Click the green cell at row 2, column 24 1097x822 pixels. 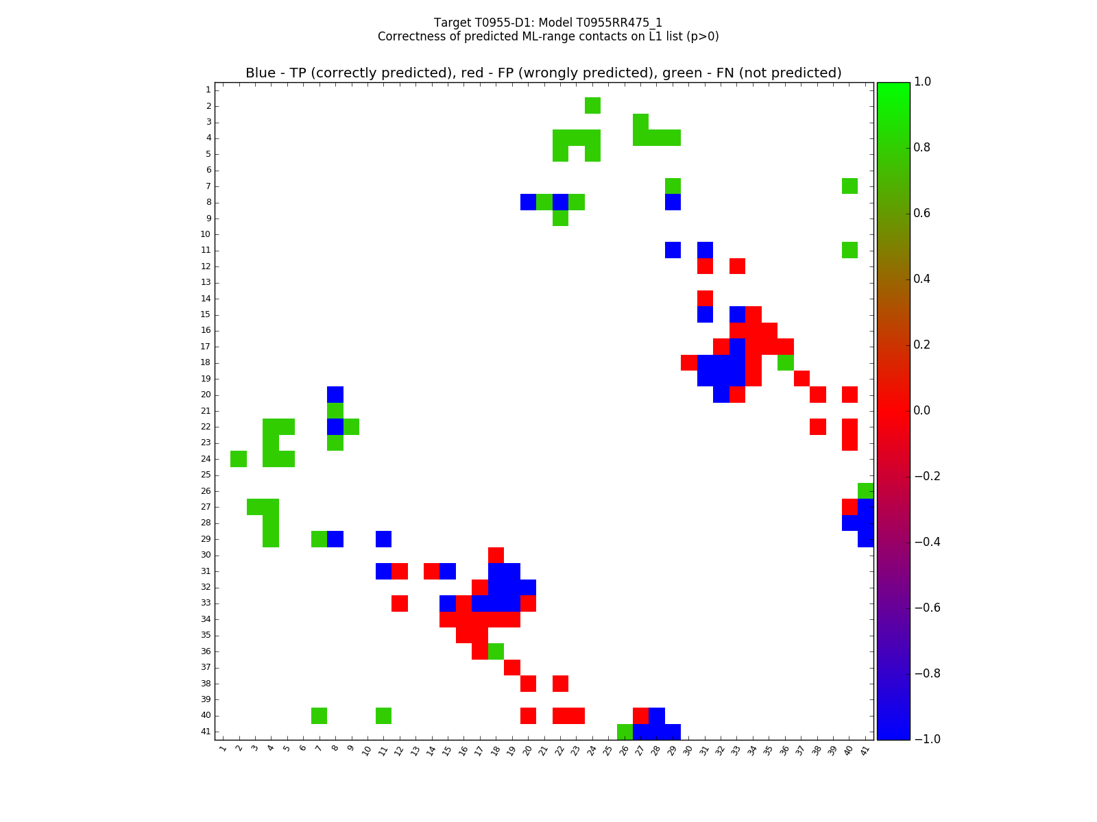click(592, 105)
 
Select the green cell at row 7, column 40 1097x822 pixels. click(849, 186)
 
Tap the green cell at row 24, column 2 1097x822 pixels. click(239, 459)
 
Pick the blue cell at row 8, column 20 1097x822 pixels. click(528, 202)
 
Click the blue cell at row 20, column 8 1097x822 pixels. click(335, 395)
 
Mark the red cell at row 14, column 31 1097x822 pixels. click(705, 298)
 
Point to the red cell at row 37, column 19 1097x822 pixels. click(512, 667)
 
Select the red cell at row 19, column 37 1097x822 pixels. click(801, 378)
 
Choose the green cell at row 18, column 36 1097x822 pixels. click(785, 362)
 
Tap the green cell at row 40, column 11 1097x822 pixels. click(383, 715)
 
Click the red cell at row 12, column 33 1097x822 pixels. click(737, 266)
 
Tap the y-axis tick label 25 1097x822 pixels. click(206, 475)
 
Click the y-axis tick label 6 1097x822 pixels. click(208, 170)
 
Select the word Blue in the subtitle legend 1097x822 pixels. click(261, 73)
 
